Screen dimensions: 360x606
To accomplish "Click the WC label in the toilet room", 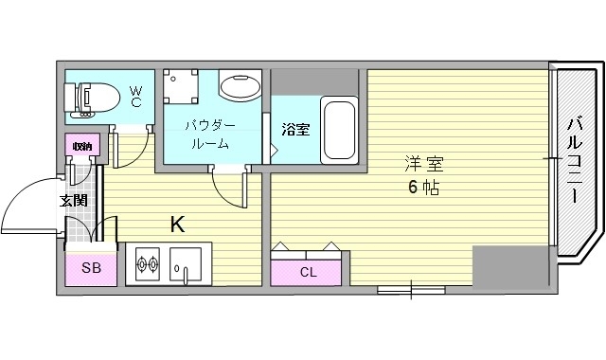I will (x=135, y=96).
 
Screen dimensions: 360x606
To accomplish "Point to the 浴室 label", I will (x=295, y=129).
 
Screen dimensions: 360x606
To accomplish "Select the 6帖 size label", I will (x=422, y=187).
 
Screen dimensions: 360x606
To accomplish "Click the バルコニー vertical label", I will (x=575, y=159).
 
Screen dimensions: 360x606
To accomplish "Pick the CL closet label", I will (x=309, y=272).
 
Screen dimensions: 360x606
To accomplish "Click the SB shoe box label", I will (x=91, y=268).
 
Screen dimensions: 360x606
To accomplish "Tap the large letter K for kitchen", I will (x=177, y=225).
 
